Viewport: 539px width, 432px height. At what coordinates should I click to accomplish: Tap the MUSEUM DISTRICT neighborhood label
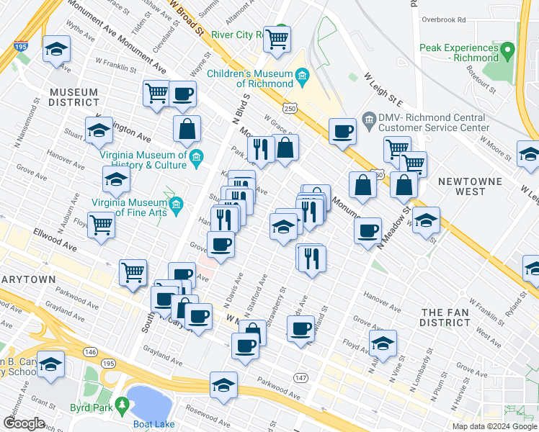click(73, 97)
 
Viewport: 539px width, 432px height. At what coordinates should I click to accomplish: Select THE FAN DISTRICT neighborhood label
click(445, 317)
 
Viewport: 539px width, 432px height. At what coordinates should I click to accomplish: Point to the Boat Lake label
click(154, 424)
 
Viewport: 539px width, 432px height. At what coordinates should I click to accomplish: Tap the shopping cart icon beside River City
click(277, 39)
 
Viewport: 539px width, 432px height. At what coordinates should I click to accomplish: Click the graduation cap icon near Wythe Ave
click(55, 50)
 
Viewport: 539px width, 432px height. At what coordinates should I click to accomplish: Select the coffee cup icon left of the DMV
click(342, 132)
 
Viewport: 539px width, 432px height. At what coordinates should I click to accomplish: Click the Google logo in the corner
click(24, 423)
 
